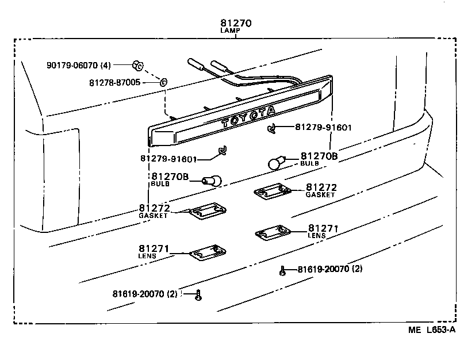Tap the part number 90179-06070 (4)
coord(79,65)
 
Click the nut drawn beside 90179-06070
coord(137,64)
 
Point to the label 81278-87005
coord(114,83)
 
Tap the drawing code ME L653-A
coord(432,330)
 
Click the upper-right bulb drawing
coord(277,163)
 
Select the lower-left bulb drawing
coord(212,180)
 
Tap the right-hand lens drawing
coord(273,233)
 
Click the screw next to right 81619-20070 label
coord(283,271)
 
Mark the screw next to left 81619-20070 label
coord(198,295)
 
